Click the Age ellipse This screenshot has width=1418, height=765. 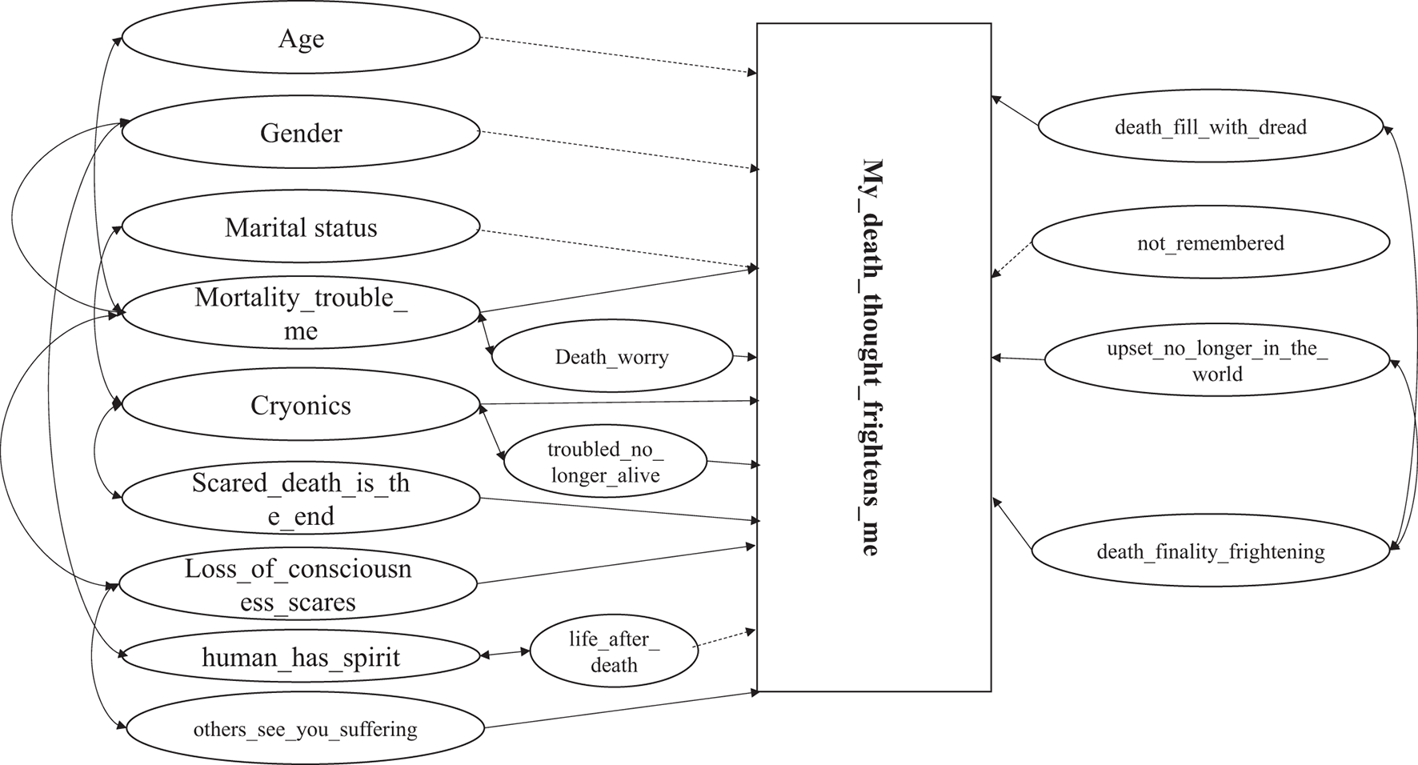coord(301,38)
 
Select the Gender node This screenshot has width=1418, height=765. coord(301,133)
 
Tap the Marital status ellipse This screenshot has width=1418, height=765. coord(301,227)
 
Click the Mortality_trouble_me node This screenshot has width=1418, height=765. coord(301,314)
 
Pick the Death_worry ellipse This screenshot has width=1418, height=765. coord(611,357)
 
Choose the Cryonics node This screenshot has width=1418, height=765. coord(301,406)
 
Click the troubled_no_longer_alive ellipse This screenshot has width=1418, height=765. coord(605,463)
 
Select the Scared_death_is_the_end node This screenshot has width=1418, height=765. coord(301,499)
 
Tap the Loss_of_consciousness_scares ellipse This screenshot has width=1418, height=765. coord(298,585)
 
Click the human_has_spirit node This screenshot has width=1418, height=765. coord(301,658)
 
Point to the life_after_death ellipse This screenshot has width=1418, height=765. coord(614,651)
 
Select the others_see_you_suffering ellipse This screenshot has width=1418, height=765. coord(305,729)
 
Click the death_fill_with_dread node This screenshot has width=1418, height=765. coord(1210,127)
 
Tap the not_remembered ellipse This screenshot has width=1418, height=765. coord(1210,243)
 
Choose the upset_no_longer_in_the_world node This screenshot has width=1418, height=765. coord(1216,361)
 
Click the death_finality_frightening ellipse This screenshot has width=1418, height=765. coord(1210,551)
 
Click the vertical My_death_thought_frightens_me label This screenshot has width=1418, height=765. coord(873,357)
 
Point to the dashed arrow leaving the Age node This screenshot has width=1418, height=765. coord(616,55)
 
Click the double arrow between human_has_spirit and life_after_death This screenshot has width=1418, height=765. coord(505,654)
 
